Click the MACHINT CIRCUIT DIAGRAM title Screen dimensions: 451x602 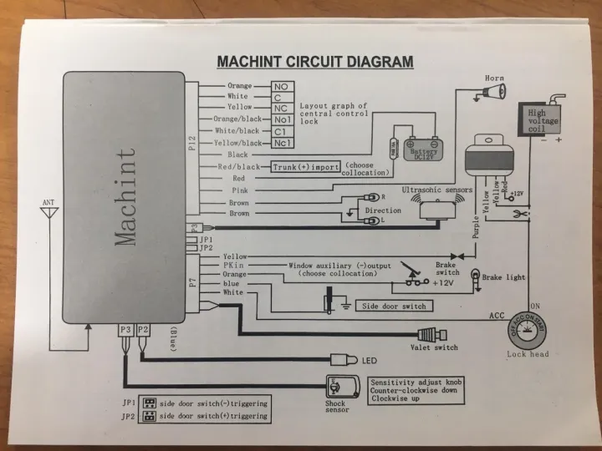click(x=314, y=61)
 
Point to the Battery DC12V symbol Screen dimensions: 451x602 click(x=423, y=149)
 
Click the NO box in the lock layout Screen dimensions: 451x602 click(x=281, y=86)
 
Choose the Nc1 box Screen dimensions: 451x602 click(x=281, y=143)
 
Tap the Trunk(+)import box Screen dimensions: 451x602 click(x=306, y=167)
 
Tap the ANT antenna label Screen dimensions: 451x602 click(x=49, y=202)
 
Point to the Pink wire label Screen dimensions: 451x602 click(x=240, y=190)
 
